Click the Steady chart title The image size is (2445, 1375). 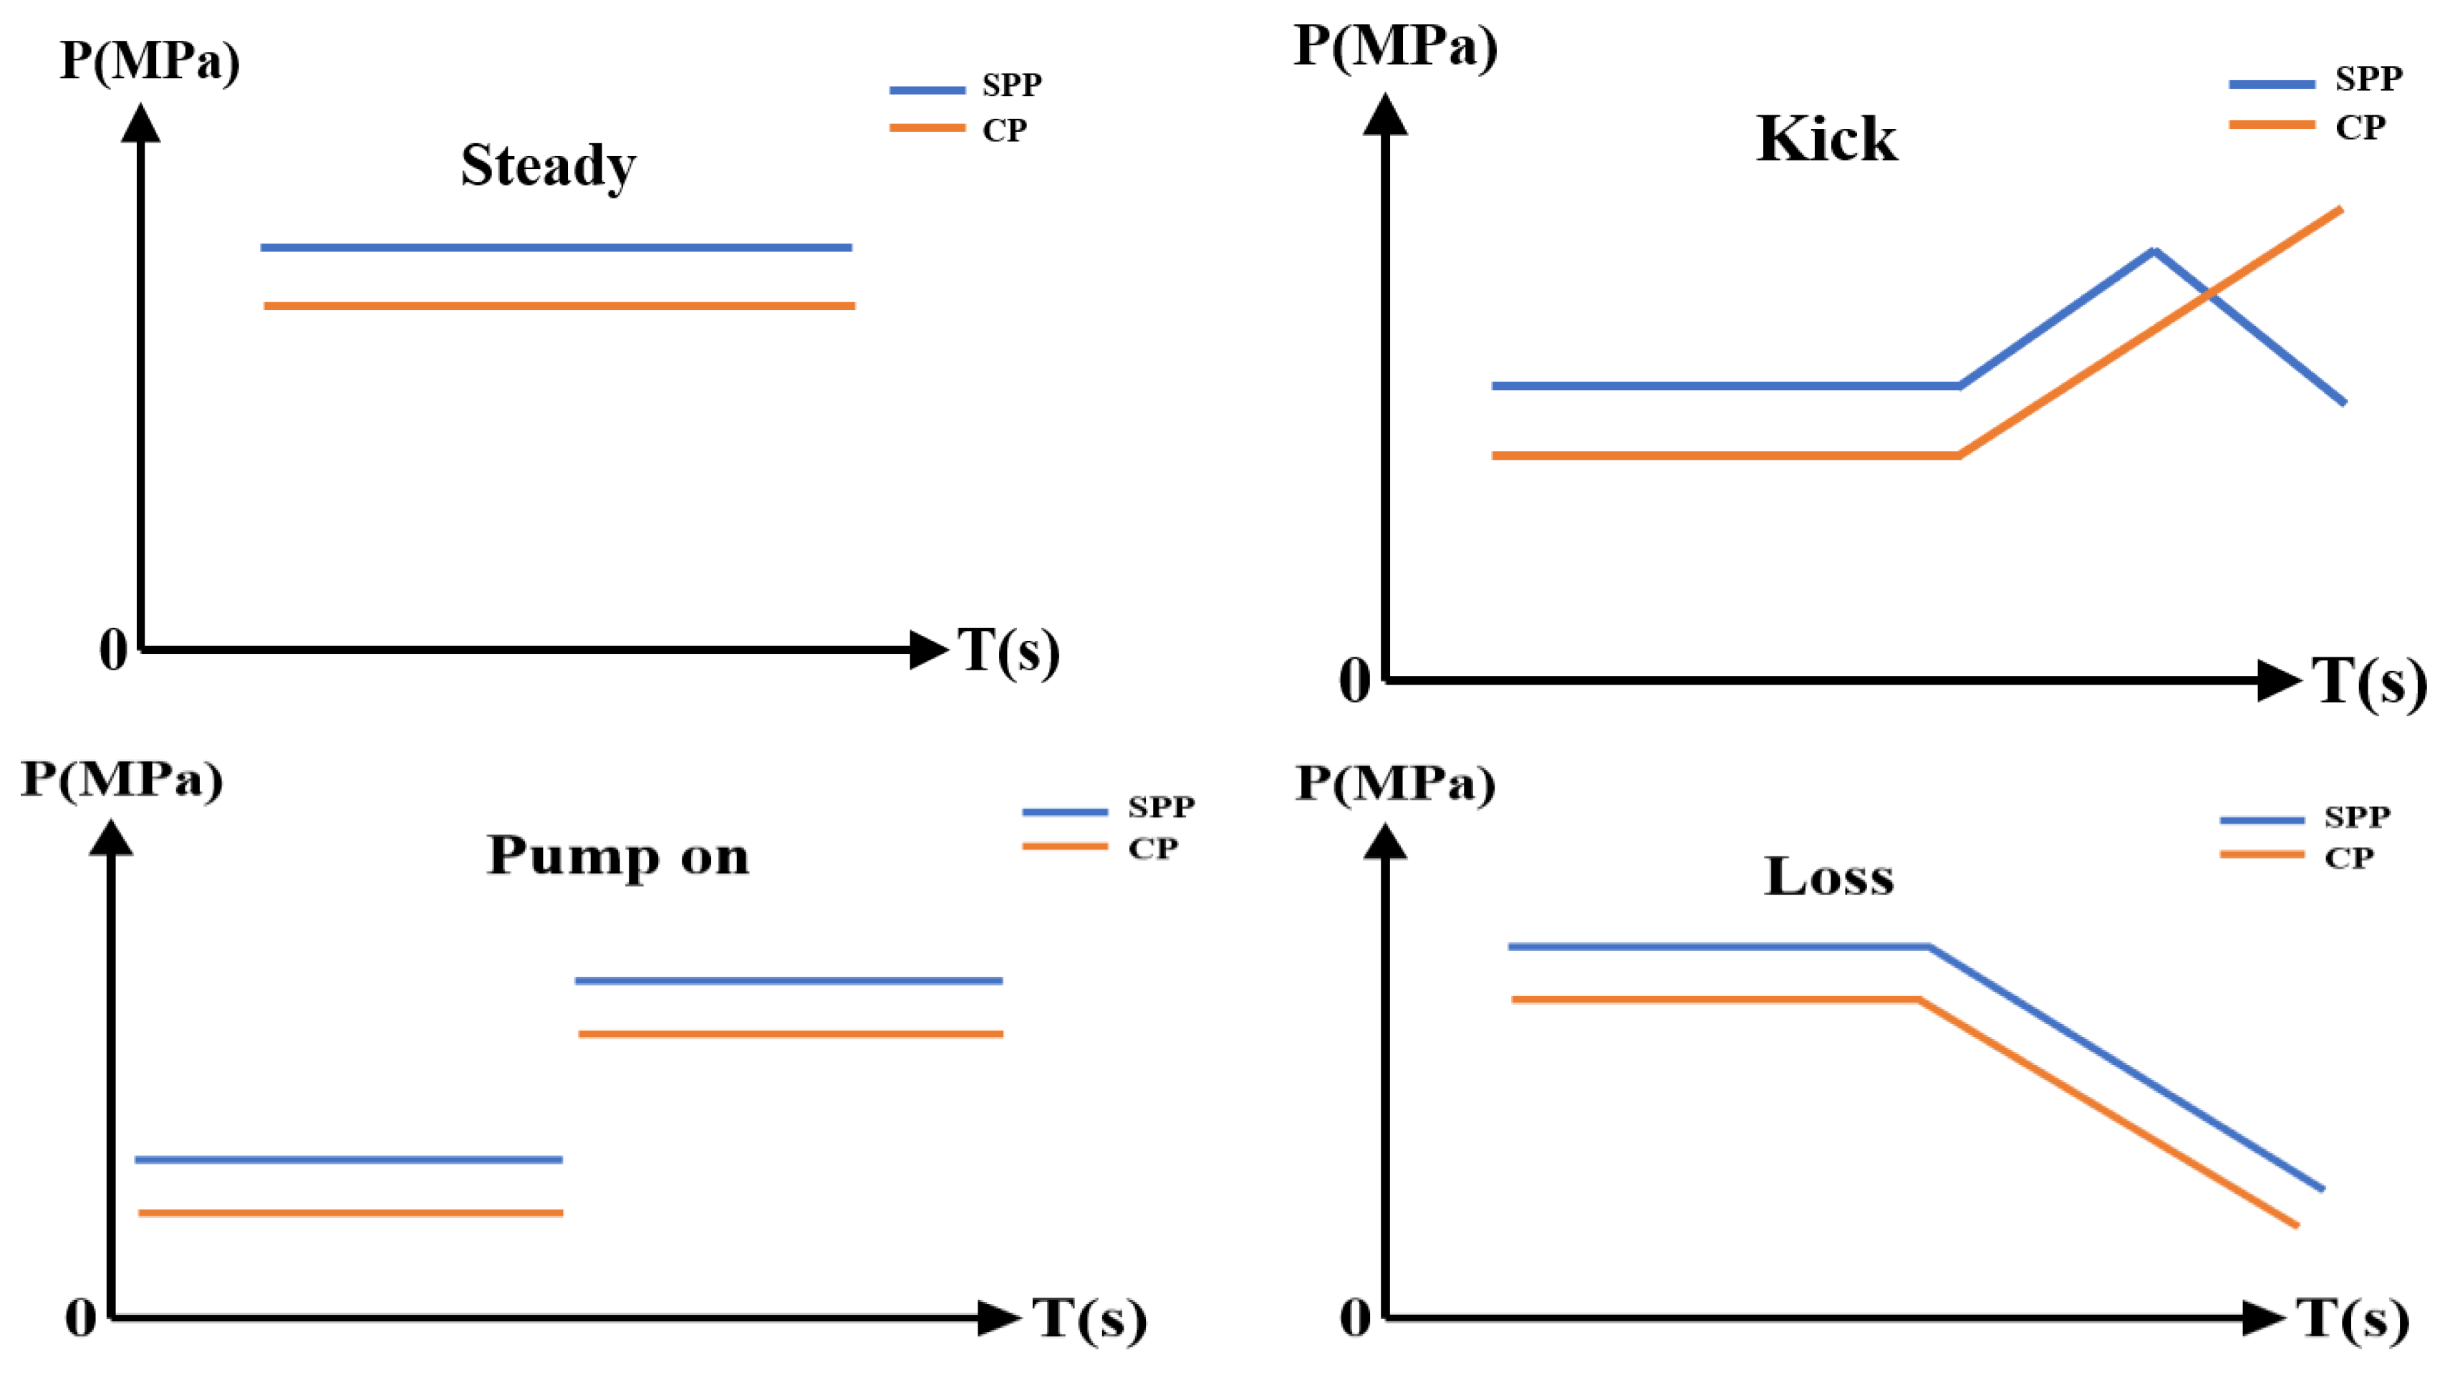point(548,165)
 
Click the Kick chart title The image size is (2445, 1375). point(1826,140)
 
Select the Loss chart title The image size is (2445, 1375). point(1829,876)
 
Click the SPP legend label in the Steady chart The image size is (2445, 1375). point(1012,85)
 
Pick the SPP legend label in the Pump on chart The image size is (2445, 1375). point(1161,806)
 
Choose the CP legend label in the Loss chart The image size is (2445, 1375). point(2348,858)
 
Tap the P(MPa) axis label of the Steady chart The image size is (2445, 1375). point(150,61)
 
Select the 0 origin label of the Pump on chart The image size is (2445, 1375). point(81,1317)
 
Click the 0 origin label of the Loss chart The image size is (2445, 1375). point(1356,1317)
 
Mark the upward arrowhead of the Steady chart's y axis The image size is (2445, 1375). point(140,123)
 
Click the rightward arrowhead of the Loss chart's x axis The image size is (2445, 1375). point(2263,1317)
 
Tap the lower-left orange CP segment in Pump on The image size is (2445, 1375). point(351,1212)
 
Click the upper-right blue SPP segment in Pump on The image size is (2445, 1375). point(788,980)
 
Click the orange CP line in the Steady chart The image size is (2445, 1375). point(559,306)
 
